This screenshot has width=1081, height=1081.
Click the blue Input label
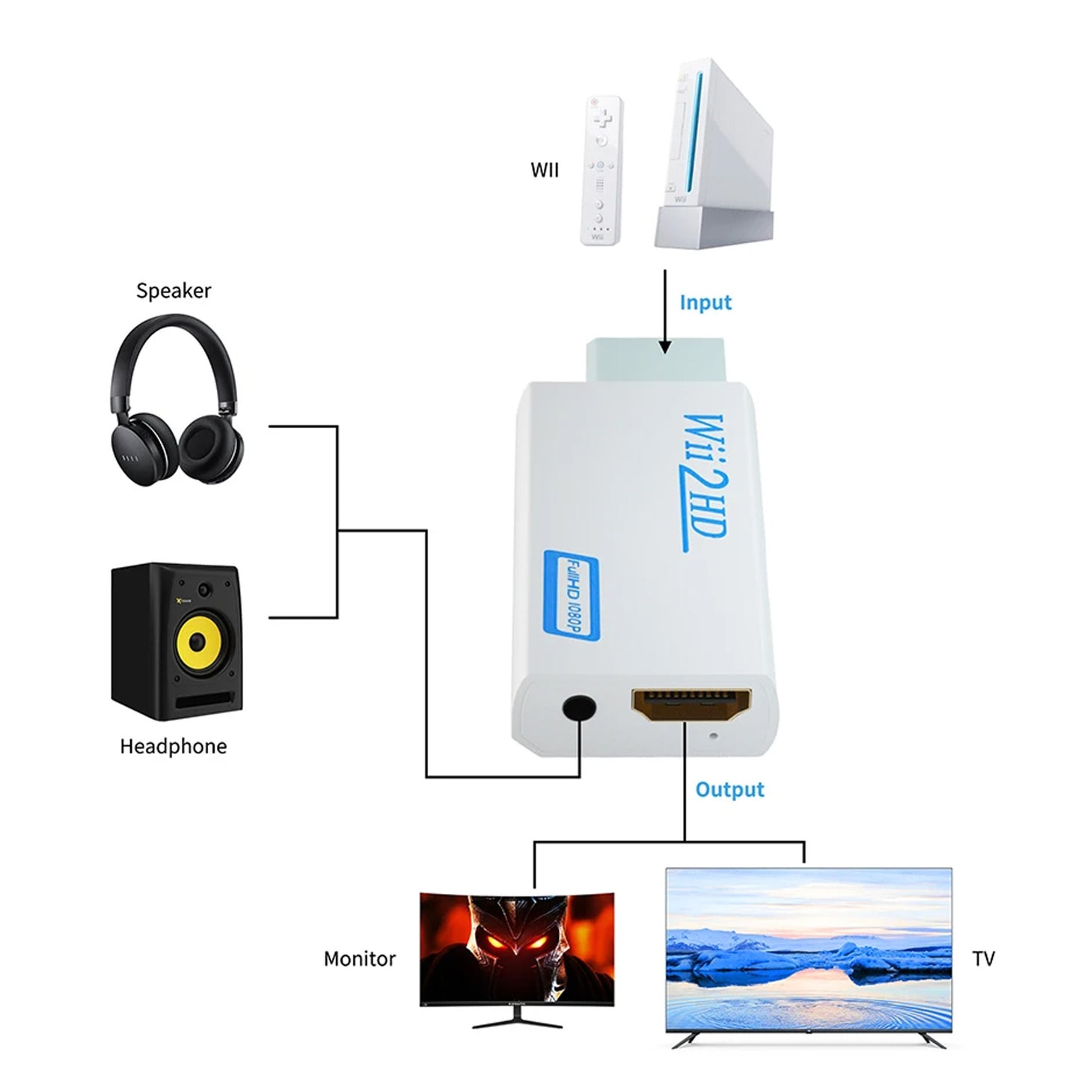[x=705, y=303]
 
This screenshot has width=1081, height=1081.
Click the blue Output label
[x=729, y=790]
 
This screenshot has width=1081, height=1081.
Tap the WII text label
[x=545, y=171]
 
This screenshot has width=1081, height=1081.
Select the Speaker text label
[x=174, y=290]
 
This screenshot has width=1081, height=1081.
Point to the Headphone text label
[x=174, y=746]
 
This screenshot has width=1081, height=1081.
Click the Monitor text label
[x=359, y=959]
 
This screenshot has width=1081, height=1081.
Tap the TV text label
[x=983, y=959]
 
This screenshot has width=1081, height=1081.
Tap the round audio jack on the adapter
[x=580, y=708]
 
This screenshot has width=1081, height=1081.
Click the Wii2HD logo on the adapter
[x=704, y=482]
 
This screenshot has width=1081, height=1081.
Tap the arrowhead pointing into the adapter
[x=664, y=346]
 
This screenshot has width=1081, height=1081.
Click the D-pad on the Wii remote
[x=603, y=118]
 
